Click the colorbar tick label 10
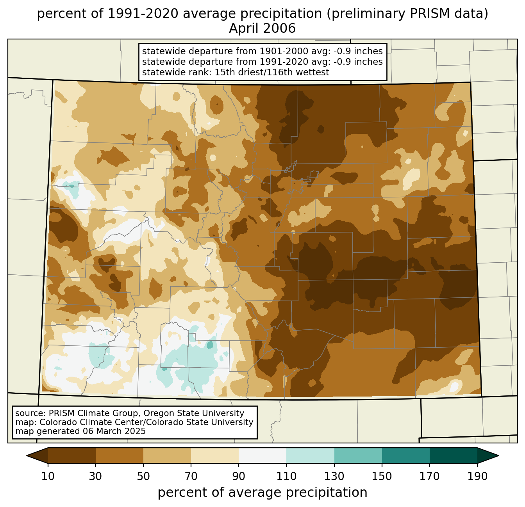(x=48, y=476)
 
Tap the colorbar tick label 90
(x=239, y=476)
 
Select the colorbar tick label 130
(x=334, y=476)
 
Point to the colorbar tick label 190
(x=477, y=476)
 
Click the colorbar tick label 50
(x=143, y=476)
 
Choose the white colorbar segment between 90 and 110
(x=262, y=455)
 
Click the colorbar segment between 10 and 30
(x=72, y=455)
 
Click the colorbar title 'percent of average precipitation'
(x=262, y=492)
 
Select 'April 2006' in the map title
(x=262, y=28)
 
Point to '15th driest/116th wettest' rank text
(x=271, y=72)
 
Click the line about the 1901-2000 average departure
(x=262, y=51)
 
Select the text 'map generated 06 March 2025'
(x=80, y=431)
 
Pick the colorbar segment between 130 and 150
(x=358, y=455)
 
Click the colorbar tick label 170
(x=430, y=476)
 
